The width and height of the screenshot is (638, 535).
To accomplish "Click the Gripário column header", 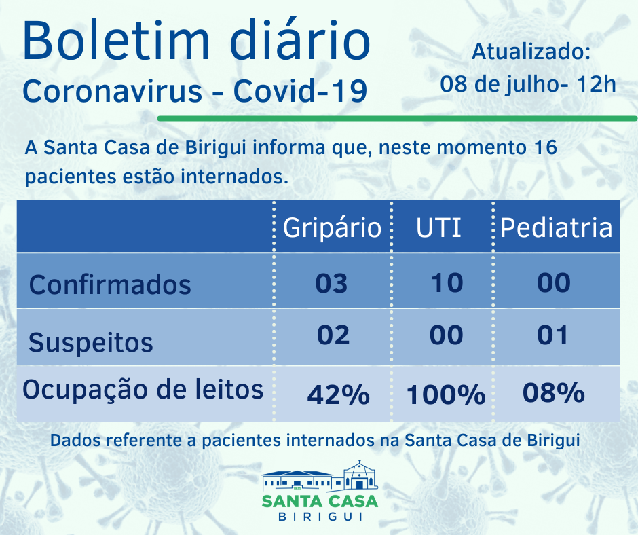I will click(x=332, y=227).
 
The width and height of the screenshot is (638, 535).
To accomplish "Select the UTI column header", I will click(x=439, y=227).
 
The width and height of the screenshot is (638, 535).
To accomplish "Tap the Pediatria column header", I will click(x=556, y=227).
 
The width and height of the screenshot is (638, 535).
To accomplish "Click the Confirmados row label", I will click(x=110, y=284).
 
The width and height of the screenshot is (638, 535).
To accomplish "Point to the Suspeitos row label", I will click(x=91, y=342).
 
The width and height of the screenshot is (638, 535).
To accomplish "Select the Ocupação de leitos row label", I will click(x=143, y=390).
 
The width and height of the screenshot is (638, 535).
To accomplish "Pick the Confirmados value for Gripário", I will click(x=331, y=282).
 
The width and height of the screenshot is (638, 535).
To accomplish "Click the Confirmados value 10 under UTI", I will click(x=447, y=282).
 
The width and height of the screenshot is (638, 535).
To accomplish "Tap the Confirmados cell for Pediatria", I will click(x=553, y=282).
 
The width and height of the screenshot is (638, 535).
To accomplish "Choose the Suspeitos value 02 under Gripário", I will click(x=333, y=335).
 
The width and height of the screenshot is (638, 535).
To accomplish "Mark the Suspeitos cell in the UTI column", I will click(x=447, y=335).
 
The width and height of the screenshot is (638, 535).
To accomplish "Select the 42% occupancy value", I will click(x=338, y=394).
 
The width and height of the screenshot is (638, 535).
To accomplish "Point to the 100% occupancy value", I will click(x=446, y=394).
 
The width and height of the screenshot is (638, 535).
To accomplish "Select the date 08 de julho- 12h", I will click(x=528, y=84).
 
